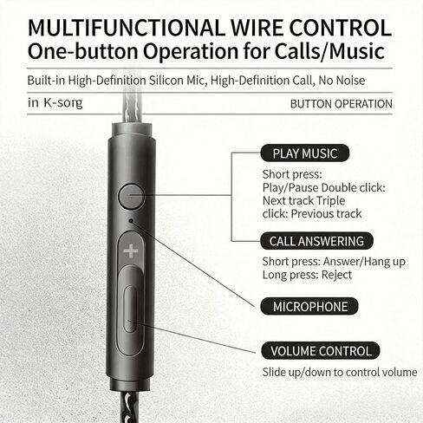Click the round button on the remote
132,197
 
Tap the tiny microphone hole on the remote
131,221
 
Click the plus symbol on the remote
131,251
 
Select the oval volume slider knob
130,309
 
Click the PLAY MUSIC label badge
305,153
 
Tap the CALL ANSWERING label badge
316,241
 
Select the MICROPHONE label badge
309,306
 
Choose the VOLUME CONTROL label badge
321,351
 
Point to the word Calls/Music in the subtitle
329,51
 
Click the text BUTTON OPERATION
342,104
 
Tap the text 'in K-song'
55,102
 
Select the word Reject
336,275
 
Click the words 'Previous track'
326,214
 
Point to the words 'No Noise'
342,81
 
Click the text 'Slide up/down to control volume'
340,372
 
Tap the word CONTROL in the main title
340,28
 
